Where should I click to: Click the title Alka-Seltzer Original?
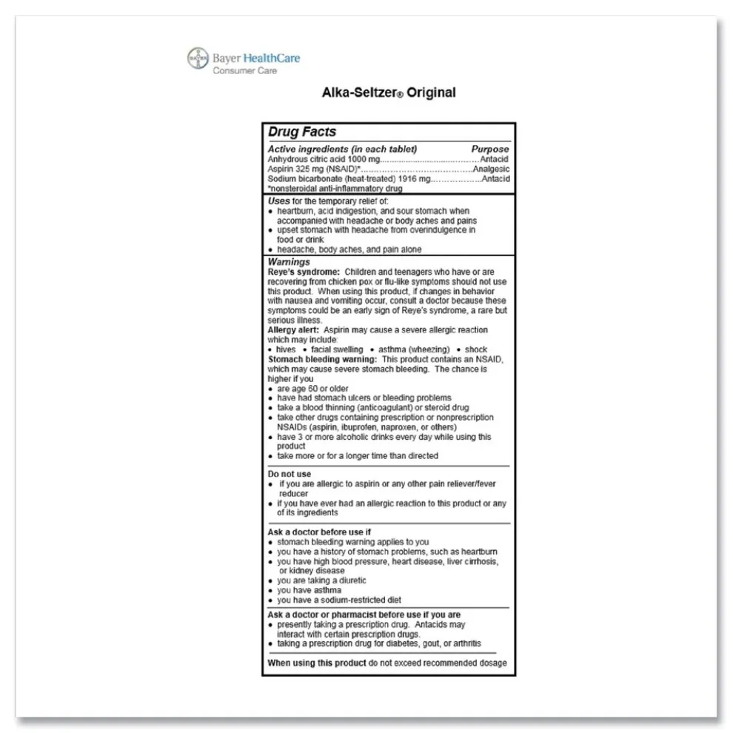point(388,93)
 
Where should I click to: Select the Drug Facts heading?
point(302,132)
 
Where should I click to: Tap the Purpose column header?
point(490,149)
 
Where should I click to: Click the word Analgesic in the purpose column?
point(491,169)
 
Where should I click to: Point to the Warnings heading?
point(289,262)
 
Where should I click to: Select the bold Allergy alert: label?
point(294,330)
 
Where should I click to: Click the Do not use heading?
point(289,474)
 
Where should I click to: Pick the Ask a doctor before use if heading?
point(319,532)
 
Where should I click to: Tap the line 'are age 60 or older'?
point(312,388)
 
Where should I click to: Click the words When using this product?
point(317,663)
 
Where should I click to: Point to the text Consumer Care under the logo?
point(244,71)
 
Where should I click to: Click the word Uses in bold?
point(278,201)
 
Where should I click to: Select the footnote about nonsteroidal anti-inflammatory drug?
point(324,188)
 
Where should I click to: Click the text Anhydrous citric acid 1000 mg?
point(324,159)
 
